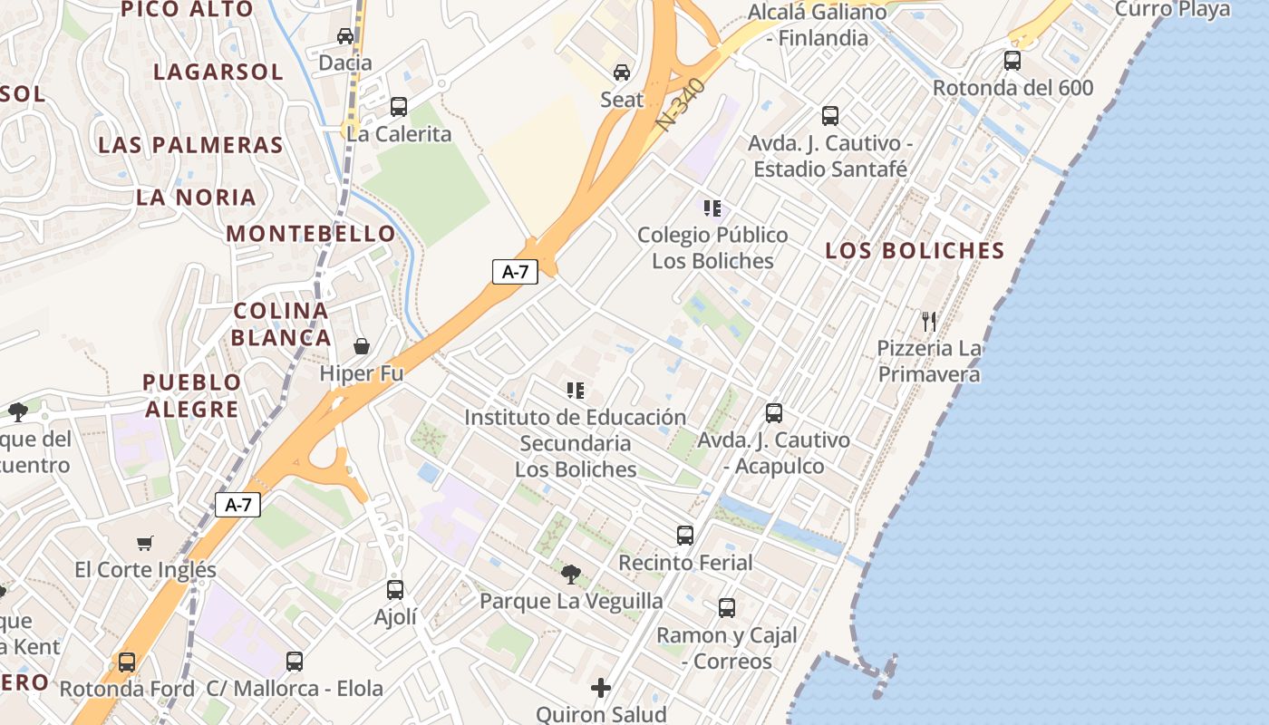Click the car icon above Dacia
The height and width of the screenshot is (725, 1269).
click(x=345, y=36)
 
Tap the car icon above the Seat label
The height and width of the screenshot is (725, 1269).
click(x=622, y=72)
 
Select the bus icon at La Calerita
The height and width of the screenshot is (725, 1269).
click(x=399, y=107)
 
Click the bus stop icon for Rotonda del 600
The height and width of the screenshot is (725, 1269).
click(x=1012, y=61)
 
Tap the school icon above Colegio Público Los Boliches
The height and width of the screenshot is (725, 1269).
click(x=712, y=208)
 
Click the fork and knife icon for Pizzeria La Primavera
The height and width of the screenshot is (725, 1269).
click(x=929, y=321)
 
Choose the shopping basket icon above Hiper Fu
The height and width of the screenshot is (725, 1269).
click(x=362, y=346)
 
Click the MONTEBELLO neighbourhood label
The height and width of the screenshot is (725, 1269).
click(x=311, y=233)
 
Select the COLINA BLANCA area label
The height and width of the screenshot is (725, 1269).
click(x=280, y=324)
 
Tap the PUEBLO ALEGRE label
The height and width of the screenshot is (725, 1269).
click(x=192, y=395)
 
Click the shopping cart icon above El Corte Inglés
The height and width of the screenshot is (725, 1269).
click(x=145, y=543)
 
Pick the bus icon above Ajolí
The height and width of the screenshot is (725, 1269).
click(x=395, y=590)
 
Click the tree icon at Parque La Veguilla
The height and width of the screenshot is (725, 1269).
click(x=571, y=574)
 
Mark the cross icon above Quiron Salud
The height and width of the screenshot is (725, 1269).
click(x=601, y=688)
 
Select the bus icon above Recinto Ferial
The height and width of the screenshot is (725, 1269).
click(x=685, y=536)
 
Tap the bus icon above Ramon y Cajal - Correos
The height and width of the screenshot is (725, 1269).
click(x=727, y=608)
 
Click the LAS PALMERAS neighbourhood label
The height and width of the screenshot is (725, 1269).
click(x=190, y=145)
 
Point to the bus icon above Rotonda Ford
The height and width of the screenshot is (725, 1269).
click(x=127, y=662)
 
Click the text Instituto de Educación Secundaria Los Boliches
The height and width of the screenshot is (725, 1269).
click(x=576, y=443)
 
